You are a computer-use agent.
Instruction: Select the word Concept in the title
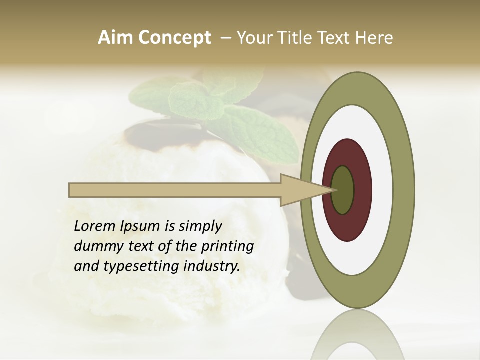click(x=174, y=38)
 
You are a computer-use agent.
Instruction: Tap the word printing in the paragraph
click(x=227, y=247)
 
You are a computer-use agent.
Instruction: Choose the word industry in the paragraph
click(x=212, y=266)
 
